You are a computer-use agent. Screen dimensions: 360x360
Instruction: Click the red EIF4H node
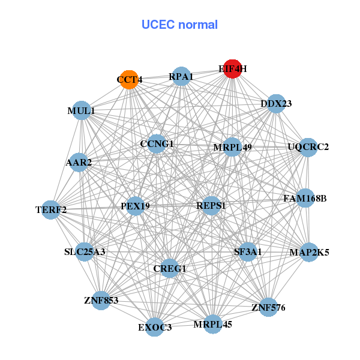(233, 69)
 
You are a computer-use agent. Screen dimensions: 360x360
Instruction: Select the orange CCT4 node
(129, 80)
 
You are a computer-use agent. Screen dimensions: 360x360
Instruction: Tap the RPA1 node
(181, 76)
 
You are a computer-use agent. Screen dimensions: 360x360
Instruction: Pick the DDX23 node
(276, 104)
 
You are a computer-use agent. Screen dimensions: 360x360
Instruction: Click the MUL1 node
(81, 110)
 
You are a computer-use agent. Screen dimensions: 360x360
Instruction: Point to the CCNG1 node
(157, 144)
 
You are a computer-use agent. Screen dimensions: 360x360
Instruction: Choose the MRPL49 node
(232, 147)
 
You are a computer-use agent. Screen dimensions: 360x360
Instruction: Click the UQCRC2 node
(308, 148)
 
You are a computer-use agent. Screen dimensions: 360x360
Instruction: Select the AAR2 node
(79, 163)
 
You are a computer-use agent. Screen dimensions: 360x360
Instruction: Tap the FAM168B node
(305, 198)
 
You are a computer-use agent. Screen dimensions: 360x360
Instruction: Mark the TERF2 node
(51, 210)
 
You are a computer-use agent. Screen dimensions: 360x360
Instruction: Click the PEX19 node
(135, 206)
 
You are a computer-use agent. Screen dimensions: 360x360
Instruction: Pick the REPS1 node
(211, 206)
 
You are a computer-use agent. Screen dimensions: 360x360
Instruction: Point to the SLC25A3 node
(85, 252)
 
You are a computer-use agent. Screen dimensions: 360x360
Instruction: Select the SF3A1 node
(247, 252)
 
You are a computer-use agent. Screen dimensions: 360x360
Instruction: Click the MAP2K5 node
(309, 253)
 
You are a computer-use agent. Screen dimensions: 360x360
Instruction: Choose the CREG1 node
(169, 268)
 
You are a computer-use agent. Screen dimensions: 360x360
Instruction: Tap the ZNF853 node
(101, 301)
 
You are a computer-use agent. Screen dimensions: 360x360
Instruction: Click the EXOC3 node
(155, 327)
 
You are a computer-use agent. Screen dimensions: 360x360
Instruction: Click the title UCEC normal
(179, 25)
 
